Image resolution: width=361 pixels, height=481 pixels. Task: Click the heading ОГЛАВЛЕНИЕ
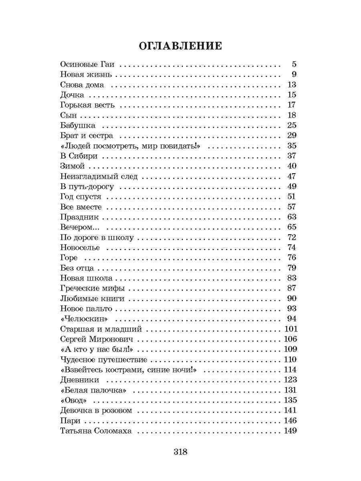point(180,46)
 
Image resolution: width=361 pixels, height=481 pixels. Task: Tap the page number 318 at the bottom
point(180,452)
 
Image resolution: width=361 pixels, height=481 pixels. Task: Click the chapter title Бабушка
point(77,125)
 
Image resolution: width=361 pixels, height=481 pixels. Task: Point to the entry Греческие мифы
point(93,288)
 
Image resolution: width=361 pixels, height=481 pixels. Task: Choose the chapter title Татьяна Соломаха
point(96,431)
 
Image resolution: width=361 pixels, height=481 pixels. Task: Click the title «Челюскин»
point(85,319)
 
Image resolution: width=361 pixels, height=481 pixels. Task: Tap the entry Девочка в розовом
point(96,410)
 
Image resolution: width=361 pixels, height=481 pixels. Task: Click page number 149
point(290,431)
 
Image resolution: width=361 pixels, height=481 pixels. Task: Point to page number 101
point(290,329)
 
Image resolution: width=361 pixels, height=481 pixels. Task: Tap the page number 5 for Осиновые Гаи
point(294,64)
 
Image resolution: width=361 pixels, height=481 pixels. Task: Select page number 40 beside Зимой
point(292,166)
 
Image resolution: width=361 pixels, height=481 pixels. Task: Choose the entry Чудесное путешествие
point(103,360)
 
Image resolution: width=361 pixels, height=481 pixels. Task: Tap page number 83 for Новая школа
point(292,278)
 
